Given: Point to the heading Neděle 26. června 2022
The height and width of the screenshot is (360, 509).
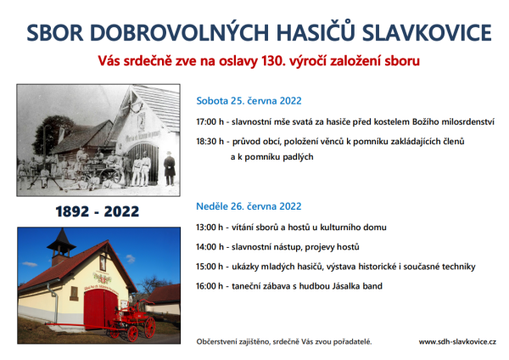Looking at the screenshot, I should click(249, 205).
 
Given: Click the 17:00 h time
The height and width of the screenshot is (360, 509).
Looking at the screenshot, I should click(210, 122).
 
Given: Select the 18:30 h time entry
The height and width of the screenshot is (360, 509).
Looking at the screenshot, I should click(210, 141).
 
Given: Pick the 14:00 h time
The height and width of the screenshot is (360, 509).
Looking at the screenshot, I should click(210, 248).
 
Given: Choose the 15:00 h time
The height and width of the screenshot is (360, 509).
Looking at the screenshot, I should click(210, 267).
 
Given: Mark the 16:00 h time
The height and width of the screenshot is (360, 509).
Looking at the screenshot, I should click(210, 286).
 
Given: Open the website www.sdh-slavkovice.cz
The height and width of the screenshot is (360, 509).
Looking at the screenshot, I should click(458, 341).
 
